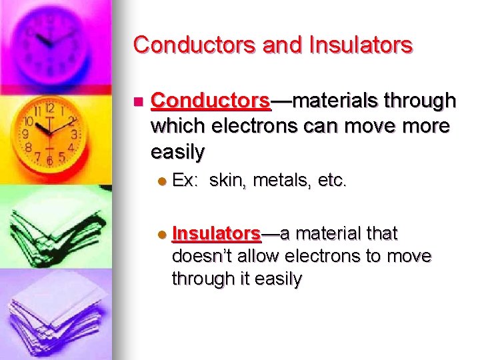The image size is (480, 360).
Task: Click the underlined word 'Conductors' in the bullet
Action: coord(211,101)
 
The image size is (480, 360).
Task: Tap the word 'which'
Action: coord(177,127)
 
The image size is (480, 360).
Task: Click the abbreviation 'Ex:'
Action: coord(186,180)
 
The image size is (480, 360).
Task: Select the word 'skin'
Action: coord(227,180)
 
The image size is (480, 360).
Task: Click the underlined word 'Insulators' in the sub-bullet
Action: coord(216,233)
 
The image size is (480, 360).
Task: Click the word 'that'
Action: coord(380,233)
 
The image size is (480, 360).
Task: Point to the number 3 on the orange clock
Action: coord(74,134)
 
